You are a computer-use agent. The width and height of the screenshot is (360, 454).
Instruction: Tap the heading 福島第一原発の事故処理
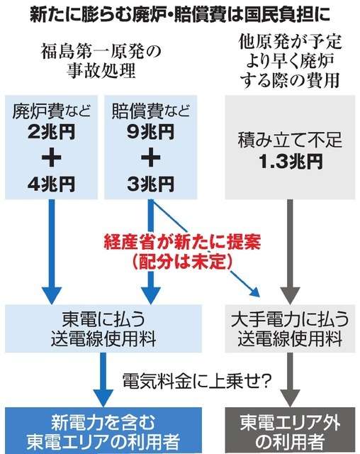coord(101,61)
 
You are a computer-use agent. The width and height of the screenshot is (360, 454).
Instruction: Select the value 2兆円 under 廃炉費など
coord(52,132)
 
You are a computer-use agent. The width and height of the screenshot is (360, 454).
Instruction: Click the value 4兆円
coord(52,184)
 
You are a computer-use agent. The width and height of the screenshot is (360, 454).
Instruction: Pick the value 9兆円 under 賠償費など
coord(150,132)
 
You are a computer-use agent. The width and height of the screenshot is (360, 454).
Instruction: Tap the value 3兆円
coord(150,184)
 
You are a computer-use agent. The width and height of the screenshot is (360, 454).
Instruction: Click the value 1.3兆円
coord(291,161)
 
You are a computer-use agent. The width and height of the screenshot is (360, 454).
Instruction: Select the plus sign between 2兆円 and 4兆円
coord(52,158)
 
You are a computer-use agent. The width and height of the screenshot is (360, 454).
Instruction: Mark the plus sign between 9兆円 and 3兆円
coord(150,158)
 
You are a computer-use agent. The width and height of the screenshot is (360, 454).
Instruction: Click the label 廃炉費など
coord(52,111)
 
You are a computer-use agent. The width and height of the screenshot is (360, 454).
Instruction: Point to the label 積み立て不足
coord(290,140)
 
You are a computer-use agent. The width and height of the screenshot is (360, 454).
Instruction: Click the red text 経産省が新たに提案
coord(182,242)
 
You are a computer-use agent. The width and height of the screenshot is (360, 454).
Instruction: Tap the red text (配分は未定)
coord(182,261)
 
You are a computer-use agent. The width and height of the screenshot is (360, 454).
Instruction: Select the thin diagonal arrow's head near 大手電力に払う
coord(255,292)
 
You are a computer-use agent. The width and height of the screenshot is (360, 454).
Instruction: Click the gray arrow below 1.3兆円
coord(290,251)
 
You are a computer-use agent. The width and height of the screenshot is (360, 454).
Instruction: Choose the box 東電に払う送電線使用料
coord(103,328)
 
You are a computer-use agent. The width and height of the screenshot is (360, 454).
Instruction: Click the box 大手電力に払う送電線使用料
coord(290,328)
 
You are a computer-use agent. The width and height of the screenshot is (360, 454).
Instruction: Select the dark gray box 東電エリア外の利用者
coord(290,431)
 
